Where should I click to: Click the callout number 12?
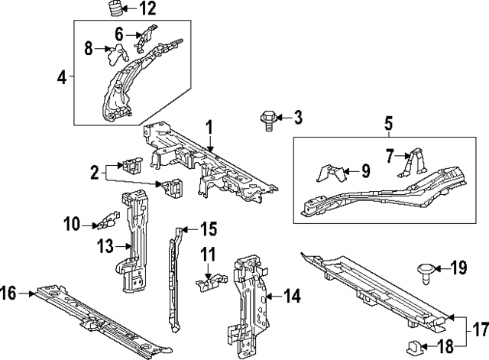click(x=147, y=9)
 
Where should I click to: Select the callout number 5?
click(x=387, y=122)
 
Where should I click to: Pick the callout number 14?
click(x=294, y=295)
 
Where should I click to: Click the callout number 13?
click(x=104, y=246)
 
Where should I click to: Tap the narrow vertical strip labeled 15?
click(x=171, y=275)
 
